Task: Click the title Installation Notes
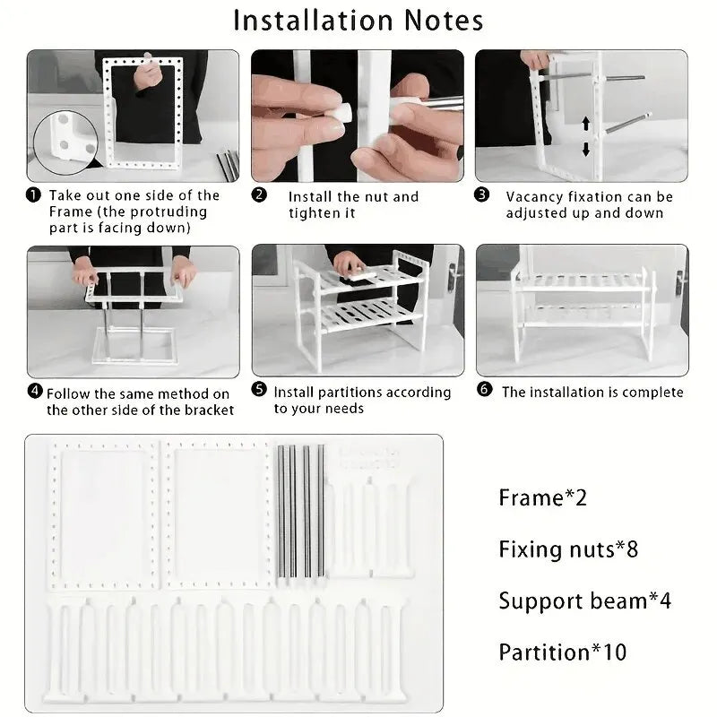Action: coord(358,20)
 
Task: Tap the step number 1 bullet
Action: coord(33,194)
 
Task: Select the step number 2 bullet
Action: coord(259,194)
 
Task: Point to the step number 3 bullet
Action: coord(482,194)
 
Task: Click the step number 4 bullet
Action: coord(35,392)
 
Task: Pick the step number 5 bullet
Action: coord(259,391)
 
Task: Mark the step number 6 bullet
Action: coord(484,391)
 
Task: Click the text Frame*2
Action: coord(541,497)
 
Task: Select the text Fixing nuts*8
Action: coord(568,549)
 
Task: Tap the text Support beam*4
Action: coord(584,600)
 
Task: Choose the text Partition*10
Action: coord(563,652)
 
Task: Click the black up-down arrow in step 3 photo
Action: coord(585,135)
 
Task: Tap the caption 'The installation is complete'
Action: coord(592,392)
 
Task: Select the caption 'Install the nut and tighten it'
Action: coord(352,204)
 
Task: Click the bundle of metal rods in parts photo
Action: coord(299,511)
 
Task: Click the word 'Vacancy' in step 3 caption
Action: coord(534,196)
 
